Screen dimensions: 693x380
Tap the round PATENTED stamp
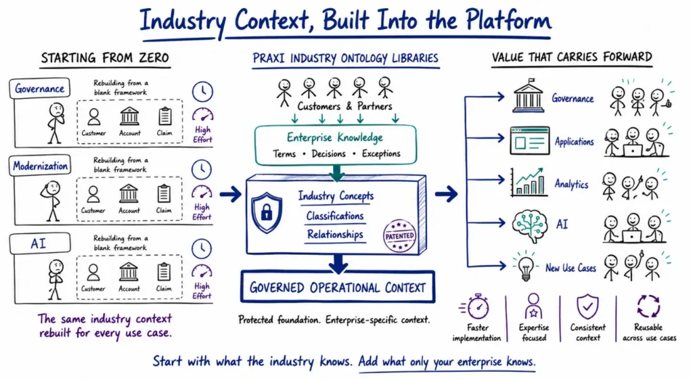point(399,236)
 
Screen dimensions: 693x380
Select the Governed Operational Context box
point(338,287)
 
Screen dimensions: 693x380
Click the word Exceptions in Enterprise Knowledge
point(381,153)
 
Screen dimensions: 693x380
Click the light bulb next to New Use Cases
point(525,266)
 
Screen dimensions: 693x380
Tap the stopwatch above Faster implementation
point(476,306)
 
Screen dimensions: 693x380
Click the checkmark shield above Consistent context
point(588,306)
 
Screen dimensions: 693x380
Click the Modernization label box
point(40,166)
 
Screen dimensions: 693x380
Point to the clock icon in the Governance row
point(202,91)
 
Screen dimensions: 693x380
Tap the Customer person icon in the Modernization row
point(93,195)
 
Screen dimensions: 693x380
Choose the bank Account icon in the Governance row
point(129,116)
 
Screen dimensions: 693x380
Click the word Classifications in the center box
point(335,216)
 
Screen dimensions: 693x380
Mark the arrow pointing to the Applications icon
point(485,138)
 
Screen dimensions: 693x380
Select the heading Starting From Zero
point(105,58)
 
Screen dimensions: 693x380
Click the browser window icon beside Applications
point(529,141)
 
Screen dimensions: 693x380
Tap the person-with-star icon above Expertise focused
point(533,306)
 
